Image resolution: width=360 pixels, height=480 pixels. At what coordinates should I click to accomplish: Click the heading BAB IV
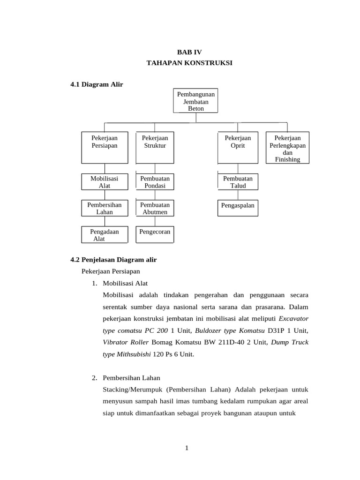[x=189, y=52]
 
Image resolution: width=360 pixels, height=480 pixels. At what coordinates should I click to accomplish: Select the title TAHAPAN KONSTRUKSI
[x=189, y=63]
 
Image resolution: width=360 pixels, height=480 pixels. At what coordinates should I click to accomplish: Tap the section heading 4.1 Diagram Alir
[x=96, y=84]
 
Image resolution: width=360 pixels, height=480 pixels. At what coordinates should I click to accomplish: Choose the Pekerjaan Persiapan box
[x=105, y=147]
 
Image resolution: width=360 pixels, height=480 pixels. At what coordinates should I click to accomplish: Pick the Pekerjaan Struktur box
[x=155, y=147]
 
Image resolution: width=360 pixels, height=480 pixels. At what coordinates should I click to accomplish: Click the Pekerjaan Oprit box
[x=238, y=147]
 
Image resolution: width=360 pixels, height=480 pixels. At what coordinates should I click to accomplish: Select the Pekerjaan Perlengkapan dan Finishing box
[x=287, y=148]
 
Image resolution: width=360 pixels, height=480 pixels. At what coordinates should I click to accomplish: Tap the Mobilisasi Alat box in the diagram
[x=104, y=182]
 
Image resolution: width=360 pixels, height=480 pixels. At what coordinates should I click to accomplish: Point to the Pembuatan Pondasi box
[x=155, y=182]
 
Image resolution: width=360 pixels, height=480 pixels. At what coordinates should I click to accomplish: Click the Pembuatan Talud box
[x=238, y=182]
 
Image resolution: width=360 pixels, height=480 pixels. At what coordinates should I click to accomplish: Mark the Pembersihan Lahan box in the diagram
[x=104, y=208]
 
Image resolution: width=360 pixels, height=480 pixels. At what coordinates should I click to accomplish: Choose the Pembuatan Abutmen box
[x=155, y=208]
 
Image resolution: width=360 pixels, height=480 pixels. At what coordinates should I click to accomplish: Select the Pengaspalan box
[x=238, y=208]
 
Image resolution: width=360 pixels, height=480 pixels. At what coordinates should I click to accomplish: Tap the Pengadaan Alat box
[x=104, y=235]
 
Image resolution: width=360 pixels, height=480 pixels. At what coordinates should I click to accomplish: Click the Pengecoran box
[x=155, y=234]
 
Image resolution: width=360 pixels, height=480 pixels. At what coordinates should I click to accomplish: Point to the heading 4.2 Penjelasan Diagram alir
[x=113, y=259]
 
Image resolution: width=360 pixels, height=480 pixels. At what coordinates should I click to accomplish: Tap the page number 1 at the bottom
[x=187, y=448]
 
